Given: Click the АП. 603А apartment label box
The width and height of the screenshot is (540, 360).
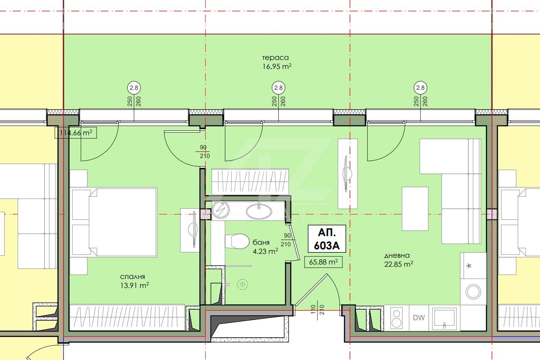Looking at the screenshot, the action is [327, 239].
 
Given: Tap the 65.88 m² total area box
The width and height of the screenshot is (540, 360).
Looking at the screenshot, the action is [323, 262].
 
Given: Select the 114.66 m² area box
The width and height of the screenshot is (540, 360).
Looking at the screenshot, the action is [76, 133].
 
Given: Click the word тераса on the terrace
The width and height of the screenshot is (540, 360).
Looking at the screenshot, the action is [275, 58].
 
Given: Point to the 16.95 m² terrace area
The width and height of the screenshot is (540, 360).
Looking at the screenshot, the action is [277, 66].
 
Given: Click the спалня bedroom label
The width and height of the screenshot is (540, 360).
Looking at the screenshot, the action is [132, 277].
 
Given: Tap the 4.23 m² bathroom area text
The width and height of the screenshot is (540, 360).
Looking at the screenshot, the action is [265, 251].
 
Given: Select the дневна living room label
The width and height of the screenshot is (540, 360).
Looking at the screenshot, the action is [397, 255].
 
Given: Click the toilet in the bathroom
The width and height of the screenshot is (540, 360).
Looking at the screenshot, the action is [237, 241].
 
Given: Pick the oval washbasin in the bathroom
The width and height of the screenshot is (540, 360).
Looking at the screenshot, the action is [259, 211].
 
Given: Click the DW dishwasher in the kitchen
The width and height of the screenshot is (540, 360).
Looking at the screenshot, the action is [419, 318].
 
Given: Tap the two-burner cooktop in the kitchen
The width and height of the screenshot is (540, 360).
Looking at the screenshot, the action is [396, 318].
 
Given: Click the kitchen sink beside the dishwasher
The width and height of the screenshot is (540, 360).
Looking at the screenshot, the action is [444, 318].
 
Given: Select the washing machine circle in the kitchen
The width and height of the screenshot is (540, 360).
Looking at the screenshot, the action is [473, 291].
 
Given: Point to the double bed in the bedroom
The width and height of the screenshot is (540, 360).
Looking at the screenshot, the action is [114, 222].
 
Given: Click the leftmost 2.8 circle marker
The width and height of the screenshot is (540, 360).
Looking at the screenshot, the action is [134, 88].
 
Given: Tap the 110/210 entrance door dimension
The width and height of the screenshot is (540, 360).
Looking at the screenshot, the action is [317, 310].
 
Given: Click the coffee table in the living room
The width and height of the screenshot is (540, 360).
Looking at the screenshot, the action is [415, 208].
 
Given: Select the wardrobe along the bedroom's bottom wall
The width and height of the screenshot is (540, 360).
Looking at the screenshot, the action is [127, 317].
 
